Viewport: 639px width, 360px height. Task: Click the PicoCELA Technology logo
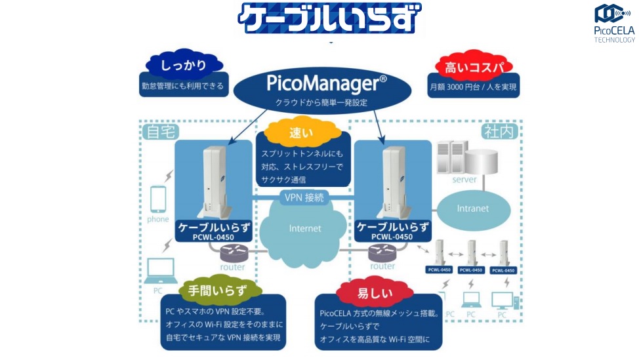coord(614,22)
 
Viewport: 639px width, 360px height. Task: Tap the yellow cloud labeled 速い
coord(302,132)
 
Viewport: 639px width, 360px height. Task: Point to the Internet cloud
coord(306,228)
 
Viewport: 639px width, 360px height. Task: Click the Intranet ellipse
coord(472,208)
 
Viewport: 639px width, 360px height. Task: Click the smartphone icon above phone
coord(158,198)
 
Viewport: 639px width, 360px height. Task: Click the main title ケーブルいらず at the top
coord(329,18)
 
